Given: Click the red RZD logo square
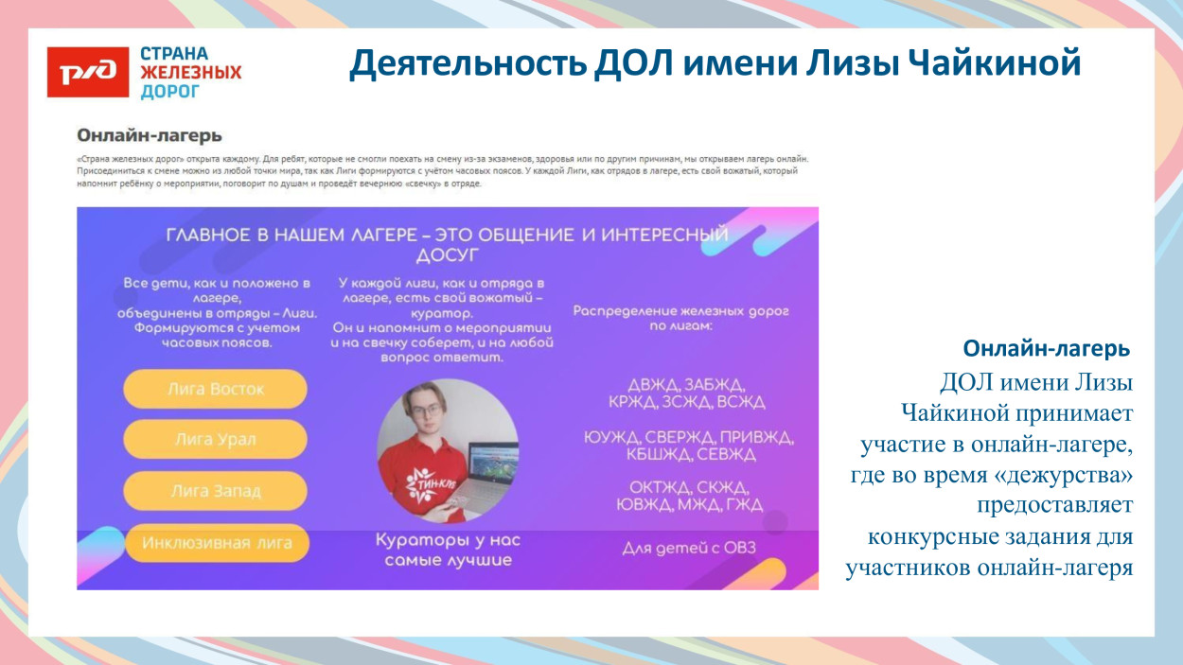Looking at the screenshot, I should point(87,71).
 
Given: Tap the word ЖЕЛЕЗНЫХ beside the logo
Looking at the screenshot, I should point(190,73).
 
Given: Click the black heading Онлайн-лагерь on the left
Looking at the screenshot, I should point(150,136).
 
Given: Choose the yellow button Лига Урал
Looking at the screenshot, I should point(215,440).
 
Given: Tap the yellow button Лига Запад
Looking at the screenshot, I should point(215,491).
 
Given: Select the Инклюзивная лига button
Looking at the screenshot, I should point(217,543).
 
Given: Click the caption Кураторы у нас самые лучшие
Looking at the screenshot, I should point(448,551).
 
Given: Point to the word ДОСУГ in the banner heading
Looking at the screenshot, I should point(447,255).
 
